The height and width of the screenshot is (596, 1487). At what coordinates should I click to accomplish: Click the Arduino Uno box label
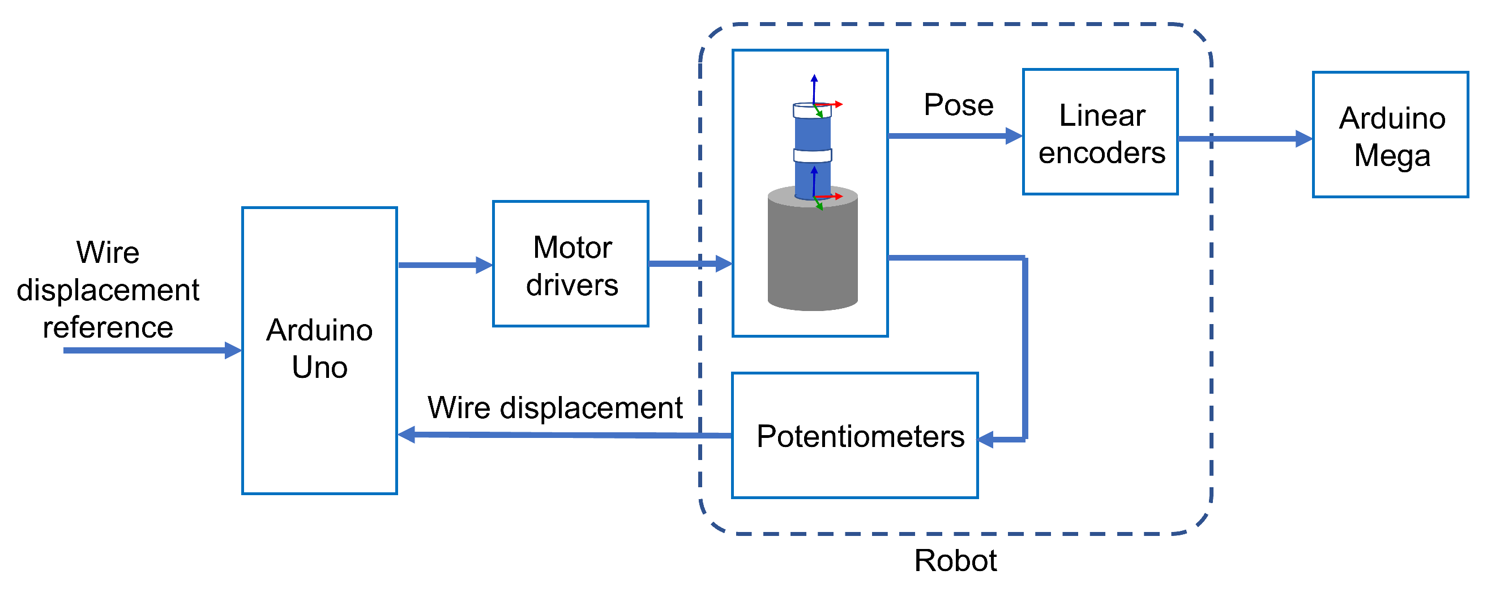pos(319,348)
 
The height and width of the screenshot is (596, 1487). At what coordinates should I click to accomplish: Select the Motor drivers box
pos(570,263)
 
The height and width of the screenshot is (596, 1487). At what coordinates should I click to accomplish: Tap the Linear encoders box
pos(1100,131)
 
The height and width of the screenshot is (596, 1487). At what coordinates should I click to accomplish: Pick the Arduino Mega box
pos(1391,135)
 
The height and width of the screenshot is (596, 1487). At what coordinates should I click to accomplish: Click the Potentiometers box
pos(855,436)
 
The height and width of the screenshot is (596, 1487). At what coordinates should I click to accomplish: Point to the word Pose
pos(958,105)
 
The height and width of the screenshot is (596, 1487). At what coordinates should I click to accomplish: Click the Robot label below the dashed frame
pos(955,560)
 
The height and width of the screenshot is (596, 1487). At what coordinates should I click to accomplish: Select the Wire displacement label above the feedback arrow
pos(555,408)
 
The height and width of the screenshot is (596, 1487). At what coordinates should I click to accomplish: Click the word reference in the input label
pos(108,327)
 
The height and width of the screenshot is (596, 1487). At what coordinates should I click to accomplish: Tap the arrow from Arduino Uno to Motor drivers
pos(445,265)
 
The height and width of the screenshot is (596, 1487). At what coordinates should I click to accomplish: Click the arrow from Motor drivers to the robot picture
pos(690,263)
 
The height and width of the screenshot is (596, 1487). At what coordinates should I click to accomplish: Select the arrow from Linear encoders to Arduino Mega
pos(1245,139)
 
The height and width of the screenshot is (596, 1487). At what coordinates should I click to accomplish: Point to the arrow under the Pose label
pos(955,136)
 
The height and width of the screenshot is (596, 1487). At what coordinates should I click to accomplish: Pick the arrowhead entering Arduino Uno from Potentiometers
pos(407,435)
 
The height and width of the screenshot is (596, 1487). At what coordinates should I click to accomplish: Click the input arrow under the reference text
pos(152,351)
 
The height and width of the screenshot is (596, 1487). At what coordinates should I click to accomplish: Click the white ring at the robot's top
pos(811,110)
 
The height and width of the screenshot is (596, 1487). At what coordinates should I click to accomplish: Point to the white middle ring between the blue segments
pos(812,155)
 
